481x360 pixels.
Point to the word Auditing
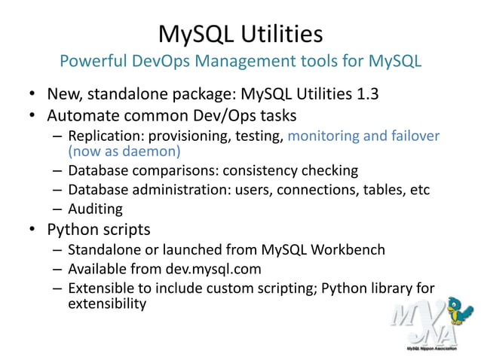point(94,208)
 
